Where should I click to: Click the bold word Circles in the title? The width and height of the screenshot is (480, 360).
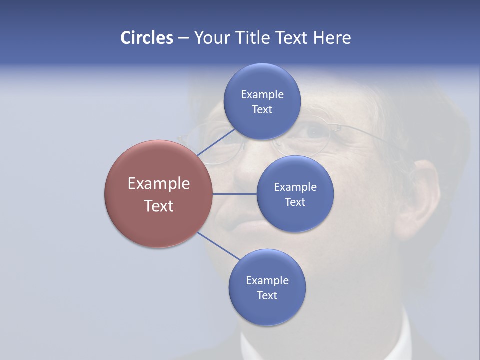146,38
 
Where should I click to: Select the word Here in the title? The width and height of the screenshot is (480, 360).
332,38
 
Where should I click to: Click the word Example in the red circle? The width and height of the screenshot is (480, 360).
159,184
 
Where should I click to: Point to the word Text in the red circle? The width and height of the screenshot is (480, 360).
159,206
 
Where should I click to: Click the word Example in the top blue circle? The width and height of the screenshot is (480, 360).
262,94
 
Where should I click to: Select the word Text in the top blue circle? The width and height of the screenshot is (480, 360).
262,109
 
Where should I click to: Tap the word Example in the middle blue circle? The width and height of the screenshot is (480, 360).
295,187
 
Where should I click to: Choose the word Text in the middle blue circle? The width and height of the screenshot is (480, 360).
295,202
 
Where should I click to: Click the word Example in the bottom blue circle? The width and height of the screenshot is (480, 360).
267,280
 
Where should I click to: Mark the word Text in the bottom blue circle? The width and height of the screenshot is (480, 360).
267,295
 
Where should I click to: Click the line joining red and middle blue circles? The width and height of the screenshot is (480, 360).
234,194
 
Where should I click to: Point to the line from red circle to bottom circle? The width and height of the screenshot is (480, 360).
218,246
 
